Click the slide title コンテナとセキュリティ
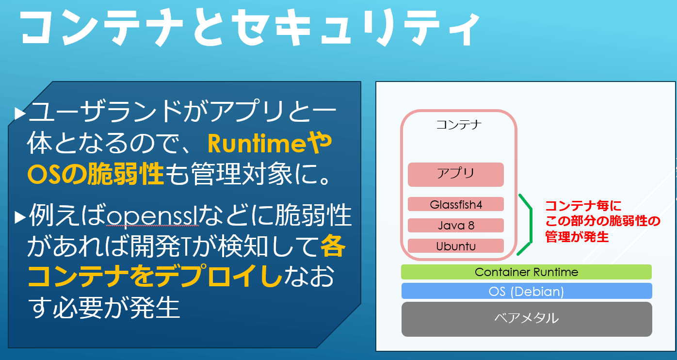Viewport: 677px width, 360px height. (250, 27)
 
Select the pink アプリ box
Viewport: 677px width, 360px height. (456, 174)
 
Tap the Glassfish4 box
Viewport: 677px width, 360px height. (456, 204)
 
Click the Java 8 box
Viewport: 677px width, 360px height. (456, 225)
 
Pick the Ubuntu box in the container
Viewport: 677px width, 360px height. (456, 246)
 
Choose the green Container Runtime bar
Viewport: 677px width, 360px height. (526, 272)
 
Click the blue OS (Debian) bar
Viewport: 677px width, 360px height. (527, 291)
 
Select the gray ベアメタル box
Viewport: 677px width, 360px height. (527, 319)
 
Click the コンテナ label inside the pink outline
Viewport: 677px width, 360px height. (459, 124)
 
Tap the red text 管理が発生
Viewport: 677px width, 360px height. (577, 236)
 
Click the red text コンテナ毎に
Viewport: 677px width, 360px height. (583, 206)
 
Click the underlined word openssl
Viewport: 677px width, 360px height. (153, 216)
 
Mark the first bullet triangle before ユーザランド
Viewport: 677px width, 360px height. (20, 114)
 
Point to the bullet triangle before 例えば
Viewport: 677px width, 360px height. (20, 217)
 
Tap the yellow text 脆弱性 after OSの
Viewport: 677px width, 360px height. (126, 174)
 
